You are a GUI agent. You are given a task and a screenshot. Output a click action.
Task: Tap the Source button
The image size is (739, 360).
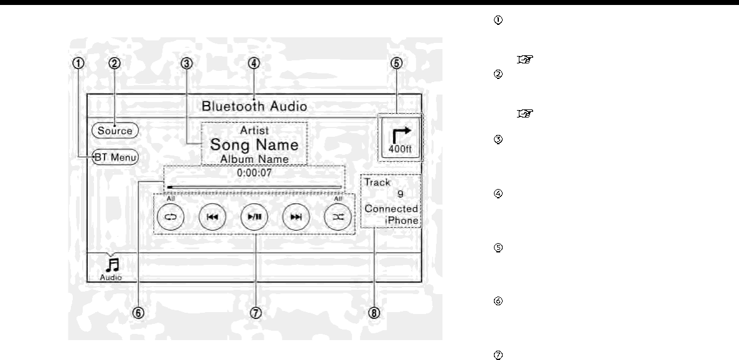(x=114, y=131)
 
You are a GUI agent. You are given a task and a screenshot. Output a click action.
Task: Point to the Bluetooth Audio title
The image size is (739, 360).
(x=254, y=106)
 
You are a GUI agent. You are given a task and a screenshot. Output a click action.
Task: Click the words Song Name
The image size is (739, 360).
(x=254, y=145)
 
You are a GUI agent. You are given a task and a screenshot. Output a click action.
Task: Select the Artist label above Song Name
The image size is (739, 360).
(x=254, y=131)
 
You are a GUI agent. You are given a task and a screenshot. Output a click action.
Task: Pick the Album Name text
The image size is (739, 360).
(x=254, y=159)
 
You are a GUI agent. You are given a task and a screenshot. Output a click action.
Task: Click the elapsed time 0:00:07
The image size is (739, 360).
(x=254, y=173)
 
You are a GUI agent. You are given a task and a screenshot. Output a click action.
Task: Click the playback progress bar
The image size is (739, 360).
(x=254, y=186)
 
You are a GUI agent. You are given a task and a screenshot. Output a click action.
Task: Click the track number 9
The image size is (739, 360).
(x=400, y=194)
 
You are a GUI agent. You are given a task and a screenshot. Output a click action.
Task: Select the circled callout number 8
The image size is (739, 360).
(x=373, y=313)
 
